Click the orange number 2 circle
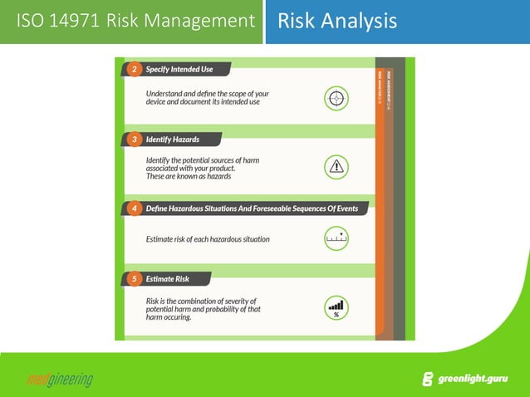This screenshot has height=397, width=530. click(x=135, y=69)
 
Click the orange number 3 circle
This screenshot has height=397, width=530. click(x=135, y=139)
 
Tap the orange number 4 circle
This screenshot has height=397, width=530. click(x=135, y=208)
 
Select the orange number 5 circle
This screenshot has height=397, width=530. click(x=135, y=279)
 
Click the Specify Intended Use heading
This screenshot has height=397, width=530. click(x=179, y=69)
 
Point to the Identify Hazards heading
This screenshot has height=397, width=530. click(x=172, y=139)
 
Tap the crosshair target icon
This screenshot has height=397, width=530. click(x=336, y=98)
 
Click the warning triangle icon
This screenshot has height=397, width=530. click(x=336, y=167)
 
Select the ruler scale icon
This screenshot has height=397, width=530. click(x=336, y=239)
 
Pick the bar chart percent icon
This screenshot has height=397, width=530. click(x=336, y=308)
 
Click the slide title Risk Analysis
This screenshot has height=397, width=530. click(x=336, y=21)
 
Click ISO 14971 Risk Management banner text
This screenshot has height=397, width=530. click(x=135, y=21)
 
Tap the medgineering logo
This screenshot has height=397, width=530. click(x=60, y=380)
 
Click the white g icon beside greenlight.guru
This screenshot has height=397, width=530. click(x=428, y=380)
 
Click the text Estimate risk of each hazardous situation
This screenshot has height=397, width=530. click(x=207, y=239)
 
